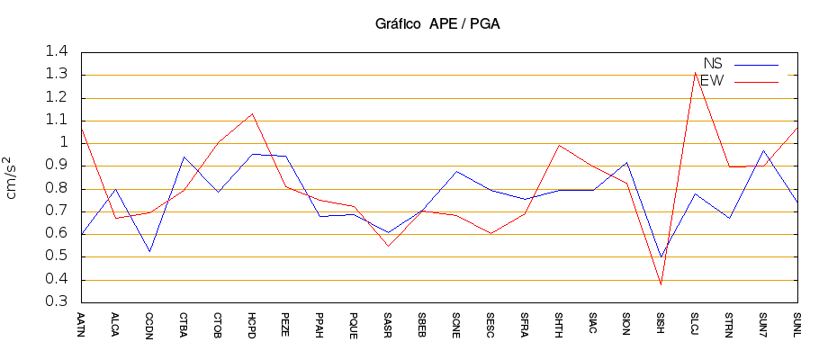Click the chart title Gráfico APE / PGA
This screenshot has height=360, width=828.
(x=437, y=24)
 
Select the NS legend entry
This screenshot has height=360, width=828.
(x=713, y=64)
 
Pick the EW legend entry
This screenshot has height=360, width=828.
(x=712, y=82)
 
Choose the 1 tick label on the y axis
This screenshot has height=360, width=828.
(x=65, y=143)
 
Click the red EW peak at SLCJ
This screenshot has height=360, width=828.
(x=695, y=72)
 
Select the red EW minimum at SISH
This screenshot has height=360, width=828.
(x=661, y=285)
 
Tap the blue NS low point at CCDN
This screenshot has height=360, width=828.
(x=149, y=251)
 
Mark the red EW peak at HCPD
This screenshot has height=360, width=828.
(x=252, y=113)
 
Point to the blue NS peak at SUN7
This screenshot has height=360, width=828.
(x=763, y=150)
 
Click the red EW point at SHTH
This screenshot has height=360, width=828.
(x=559, y=145)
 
